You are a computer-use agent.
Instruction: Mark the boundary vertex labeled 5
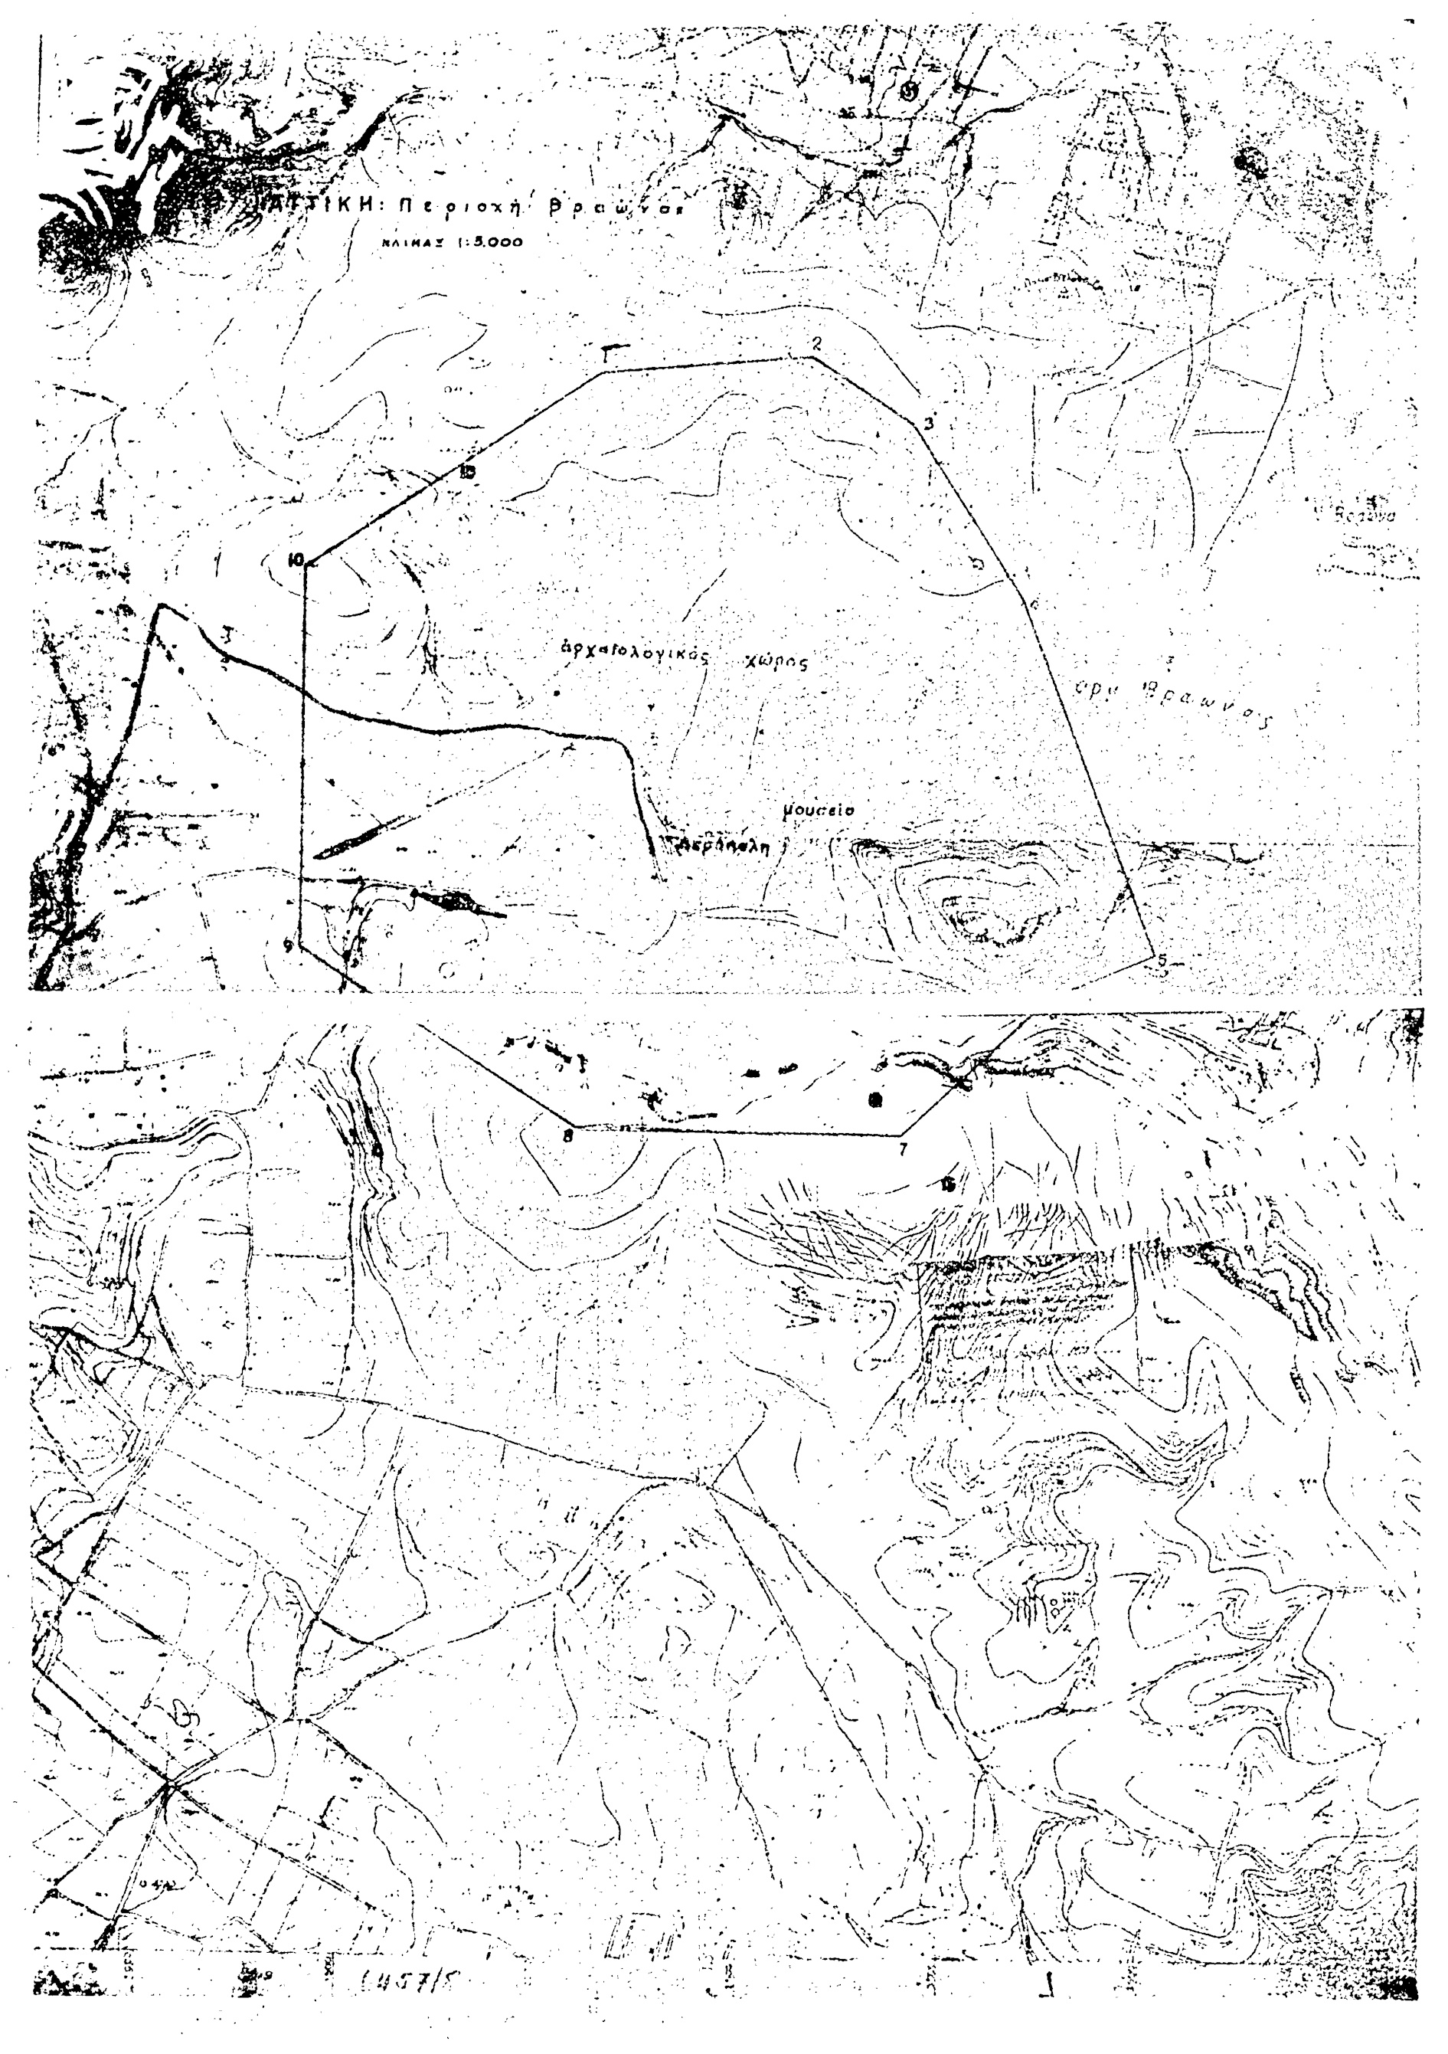click(x=1161, y=960)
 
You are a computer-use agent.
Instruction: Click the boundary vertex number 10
click(x=293, y=561)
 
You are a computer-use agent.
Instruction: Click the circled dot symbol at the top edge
click(x=910, y=90)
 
